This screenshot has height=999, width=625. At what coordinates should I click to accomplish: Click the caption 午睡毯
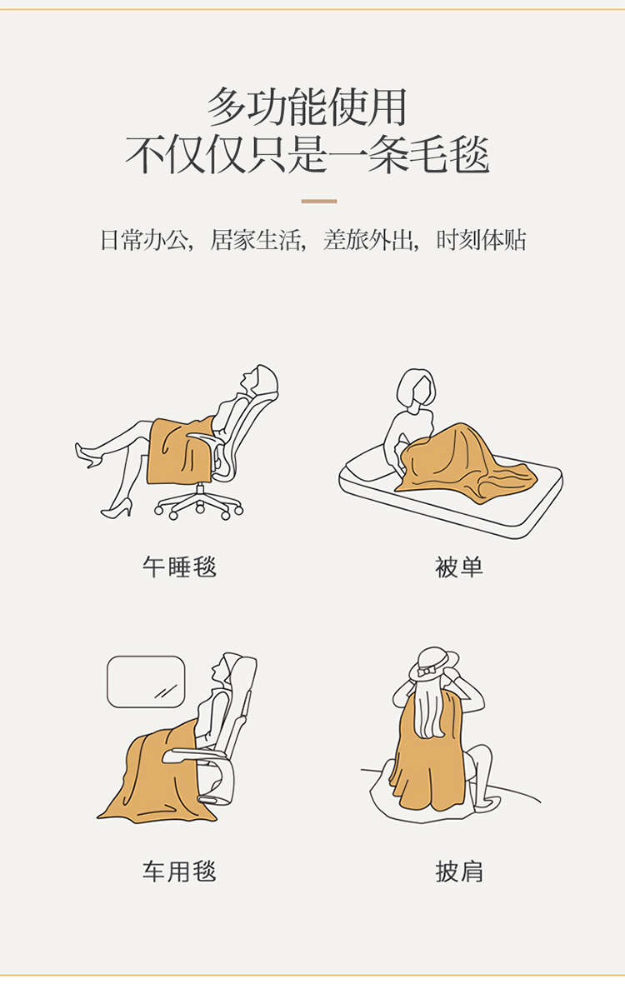[180, 567]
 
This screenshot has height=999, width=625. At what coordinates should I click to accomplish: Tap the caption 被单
[459, 567]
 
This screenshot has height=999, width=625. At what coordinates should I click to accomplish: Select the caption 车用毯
[180, 871]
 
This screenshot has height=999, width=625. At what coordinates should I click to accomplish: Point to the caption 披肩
[459, 871]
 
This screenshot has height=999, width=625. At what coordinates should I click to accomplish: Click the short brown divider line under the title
[319, 202]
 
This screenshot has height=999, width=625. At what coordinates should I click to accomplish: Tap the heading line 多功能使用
[307, 107]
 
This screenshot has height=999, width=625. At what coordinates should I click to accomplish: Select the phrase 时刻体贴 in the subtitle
[481, 240]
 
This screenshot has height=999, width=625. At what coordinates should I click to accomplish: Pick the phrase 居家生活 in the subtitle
[255, 240]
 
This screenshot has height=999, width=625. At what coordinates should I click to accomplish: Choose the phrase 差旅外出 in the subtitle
[368, 240]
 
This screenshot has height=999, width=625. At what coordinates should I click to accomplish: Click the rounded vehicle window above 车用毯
[146, 682]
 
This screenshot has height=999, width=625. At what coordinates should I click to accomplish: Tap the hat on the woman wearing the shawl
[433, 664]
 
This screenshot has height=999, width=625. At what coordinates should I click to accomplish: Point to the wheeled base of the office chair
[199, 502]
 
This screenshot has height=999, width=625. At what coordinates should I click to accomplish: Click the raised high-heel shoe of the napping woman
[88, 455]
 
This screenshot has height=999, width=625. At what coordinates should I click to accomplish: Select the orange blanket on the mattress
[464, 462]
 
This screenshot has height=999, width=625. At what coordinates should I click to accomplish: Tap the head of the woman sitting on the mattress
[416, 387]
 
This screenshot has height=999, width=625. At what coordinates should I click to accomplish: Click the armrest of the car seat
[195, 756]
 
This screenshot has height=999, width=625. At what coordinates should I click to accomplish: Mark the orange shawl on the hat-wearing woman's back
[426, 752]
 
